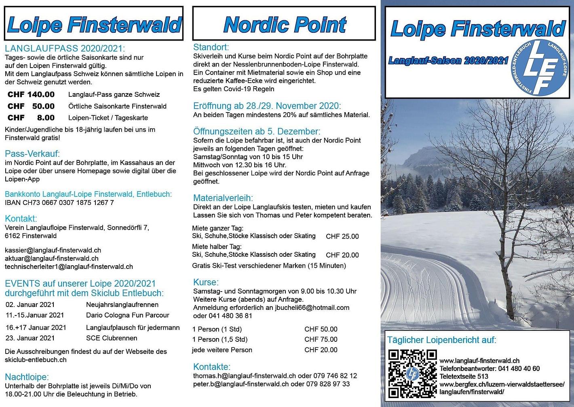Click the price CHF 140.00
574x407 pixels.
click(31, 95)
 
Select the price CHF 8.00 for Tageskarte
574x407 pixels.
click(31, 118)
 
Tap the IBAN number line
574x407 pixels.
click(59, 202)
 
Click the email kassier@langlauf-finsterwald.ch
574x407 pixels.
click(53, 250)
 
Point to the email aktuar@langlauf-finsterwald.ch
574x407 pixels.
click(52, 258)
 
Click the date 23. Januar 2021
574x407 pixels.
click(30, 338)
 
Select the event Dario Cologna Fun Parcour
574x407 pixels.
click(127, 315)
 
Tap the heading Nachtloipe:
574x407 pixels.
click(27, 377)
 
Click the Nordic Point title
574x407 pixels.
click(285, 25)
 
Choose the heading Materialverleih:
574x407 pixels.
click(223, 198)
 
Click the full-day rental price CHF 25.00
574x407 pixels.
click(342, 237)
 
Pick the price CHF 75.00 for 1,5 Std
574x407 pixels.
click(321, 339)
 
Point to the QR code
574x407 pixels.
click(412, 374)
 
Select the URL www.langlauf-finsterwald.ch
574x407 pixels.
click(479, 361)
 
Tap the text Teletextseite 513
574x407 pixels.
click(464, 376)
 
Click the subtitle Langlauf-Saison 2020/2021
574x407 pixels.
click(448, 61)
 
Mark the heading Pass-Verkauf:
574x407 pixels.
click(32, 153)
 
